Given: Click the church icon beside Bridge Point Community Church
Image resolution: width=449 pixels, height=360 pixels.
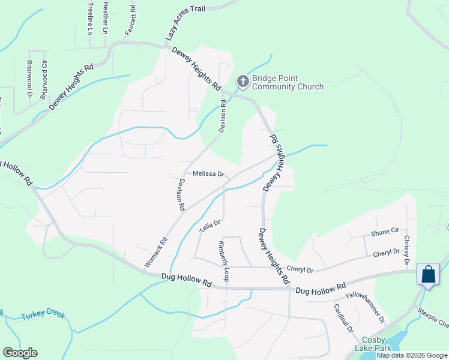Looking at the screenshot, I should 243,80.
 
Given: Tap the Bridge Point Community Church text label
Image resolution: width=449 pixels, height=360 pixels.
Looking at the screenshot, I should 288,83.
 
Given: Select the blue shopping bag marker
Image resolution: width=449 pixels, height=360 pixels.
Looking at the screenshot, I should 428,275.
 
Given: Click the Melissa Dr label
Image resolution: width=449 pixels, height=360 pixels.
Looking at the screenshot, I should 208,174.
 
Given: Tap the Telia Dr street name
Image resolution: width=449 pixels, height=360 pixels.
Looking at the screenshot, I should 210,226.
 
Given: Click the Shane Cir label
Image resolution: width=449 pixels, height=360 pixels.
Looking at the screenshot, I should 385,231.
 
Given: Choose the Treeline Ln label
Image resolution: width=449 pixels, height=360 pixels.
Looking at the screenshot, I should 91,17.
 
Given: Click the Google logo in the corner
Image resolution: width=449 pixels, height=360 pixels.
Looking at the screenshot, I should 20,353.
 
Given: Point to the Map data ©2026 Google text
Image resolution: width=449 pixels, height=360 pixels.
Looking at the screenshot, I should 411,355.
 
